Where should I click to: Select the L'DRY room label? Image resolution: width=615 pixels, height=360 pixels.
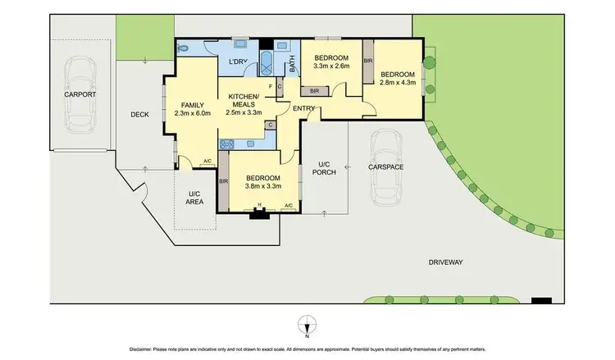pos(239,62)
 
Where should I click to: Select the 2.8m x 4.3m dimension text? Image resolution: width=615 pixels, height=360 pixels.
pos(398,81)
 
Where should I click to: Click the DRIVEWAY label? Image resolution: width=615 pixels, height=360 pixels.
pos(445,262)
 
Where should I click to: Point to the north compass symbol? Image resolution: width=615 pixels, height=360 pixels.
pos(307,325)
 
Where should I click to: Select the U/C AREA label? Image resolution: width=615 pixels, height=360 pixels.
pos(194,197)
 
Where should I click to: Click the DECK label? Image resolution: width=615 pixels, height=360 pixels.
pos(139,115)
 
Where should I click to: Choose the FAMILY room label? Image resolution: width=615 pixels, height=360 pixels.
pos(192,105)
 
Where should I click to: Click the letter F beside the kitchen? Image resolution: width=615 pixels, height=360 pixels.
pos(270,85)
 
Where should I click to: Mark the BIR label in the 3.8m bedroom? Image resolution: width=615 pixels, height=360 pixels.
pos(224,182)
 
